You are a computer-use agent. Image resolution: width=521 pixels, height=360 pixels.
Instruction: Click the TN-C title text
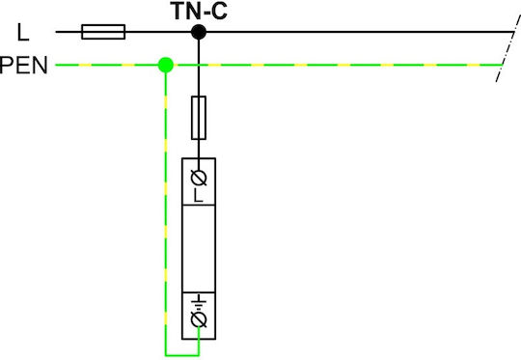(199, 11)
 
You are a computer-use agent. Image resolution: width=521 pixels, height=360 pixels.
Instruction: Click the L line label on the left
(23, 33)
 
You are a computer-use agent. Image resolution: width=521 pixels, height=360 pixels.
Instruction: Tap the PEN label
(23, 66)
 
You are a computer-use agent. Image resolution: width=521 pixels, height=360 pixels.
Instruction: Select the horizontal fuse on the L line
(103, 32)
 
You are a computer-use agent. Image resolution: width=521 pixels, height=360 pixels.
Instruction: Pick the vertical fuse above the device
(199, 118)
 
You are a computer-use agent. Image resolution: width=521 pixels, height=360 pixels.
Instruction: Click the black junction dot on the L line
(199, 32)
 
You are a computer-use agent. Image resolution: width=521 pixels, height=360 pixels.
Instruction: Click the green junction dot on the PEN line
(166, 65)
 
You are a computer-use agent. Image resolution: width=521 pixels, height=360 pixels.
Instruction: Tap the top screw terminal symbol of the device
(199, 178)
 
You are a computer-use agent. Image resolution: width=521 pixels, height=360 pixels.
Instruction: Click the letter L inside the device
(198, 196)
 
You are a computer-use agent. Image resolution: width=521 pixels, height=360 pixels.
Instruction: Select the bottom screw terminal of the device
(199, 319)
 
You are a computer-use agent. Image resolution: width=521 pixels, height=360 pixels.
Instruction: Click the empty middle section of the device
(199, 249)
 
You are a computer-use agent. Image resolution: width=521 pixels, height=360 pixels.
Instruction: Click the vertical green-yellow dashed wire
(166, 210)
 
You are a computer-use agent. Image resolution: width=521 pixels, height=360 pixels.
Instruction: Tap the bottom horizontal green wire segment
(182, 355)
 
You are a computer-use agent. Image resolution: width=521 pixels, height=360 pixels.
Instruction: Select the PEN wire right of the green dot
(338, 65)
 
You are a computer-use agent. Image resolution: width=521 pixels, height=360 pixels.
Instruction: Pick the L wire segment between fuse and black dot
(158, 32)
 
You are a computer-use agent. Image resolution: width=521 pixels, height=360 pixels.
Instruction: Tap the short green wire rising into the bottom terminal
(199, 341)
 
